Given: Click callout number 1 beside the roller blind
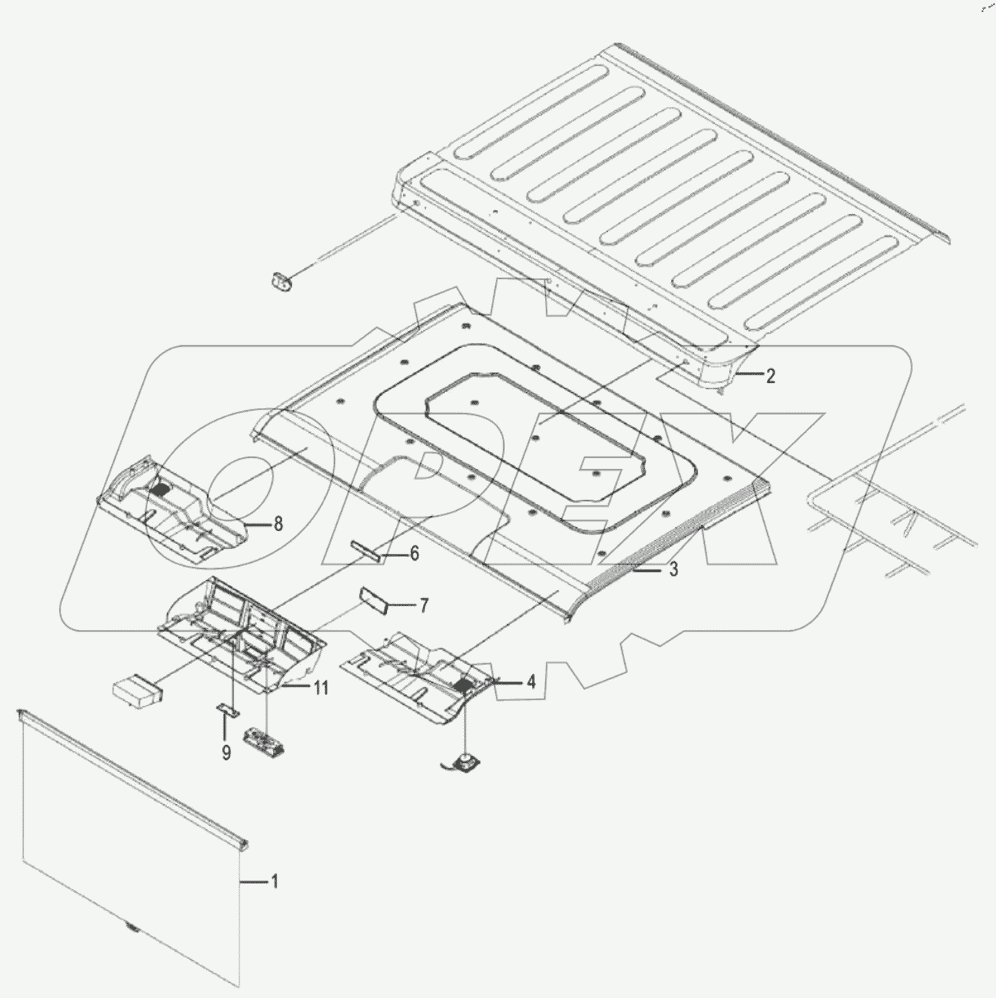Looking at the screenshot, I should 274,881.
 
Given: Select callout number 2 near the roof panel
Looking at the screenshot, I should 770,375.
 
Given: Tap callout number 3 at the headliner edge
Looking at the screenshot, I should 673,569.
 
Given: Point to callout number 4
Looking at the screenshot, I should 531,682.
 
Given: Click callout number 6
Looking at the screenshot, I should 414,554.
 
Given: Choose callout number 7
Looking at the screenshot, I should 424,605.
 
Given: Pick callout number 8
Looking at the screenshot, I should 278,524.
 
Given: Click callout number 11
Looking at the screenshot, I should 321,688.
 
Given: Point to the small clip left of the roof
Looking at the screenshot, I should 280,280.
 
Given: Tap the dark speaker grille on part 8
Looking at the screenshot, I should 160,490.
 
